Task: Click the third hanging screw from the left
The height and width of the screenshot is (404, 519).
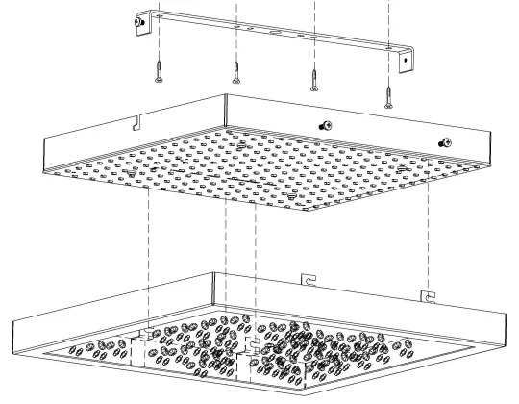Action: click(313, 80)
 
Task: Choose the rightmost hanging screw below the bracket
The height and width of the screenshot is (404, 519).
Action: click(388, 93)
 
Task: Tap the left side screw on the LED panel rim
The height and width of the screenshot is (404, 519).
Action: click(324, 124)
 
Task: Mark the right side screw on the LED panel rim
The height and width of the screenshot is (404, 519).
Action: click(443, 142)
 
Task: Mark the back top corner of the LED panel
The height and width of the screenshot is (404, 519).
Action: click(227, 94)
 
